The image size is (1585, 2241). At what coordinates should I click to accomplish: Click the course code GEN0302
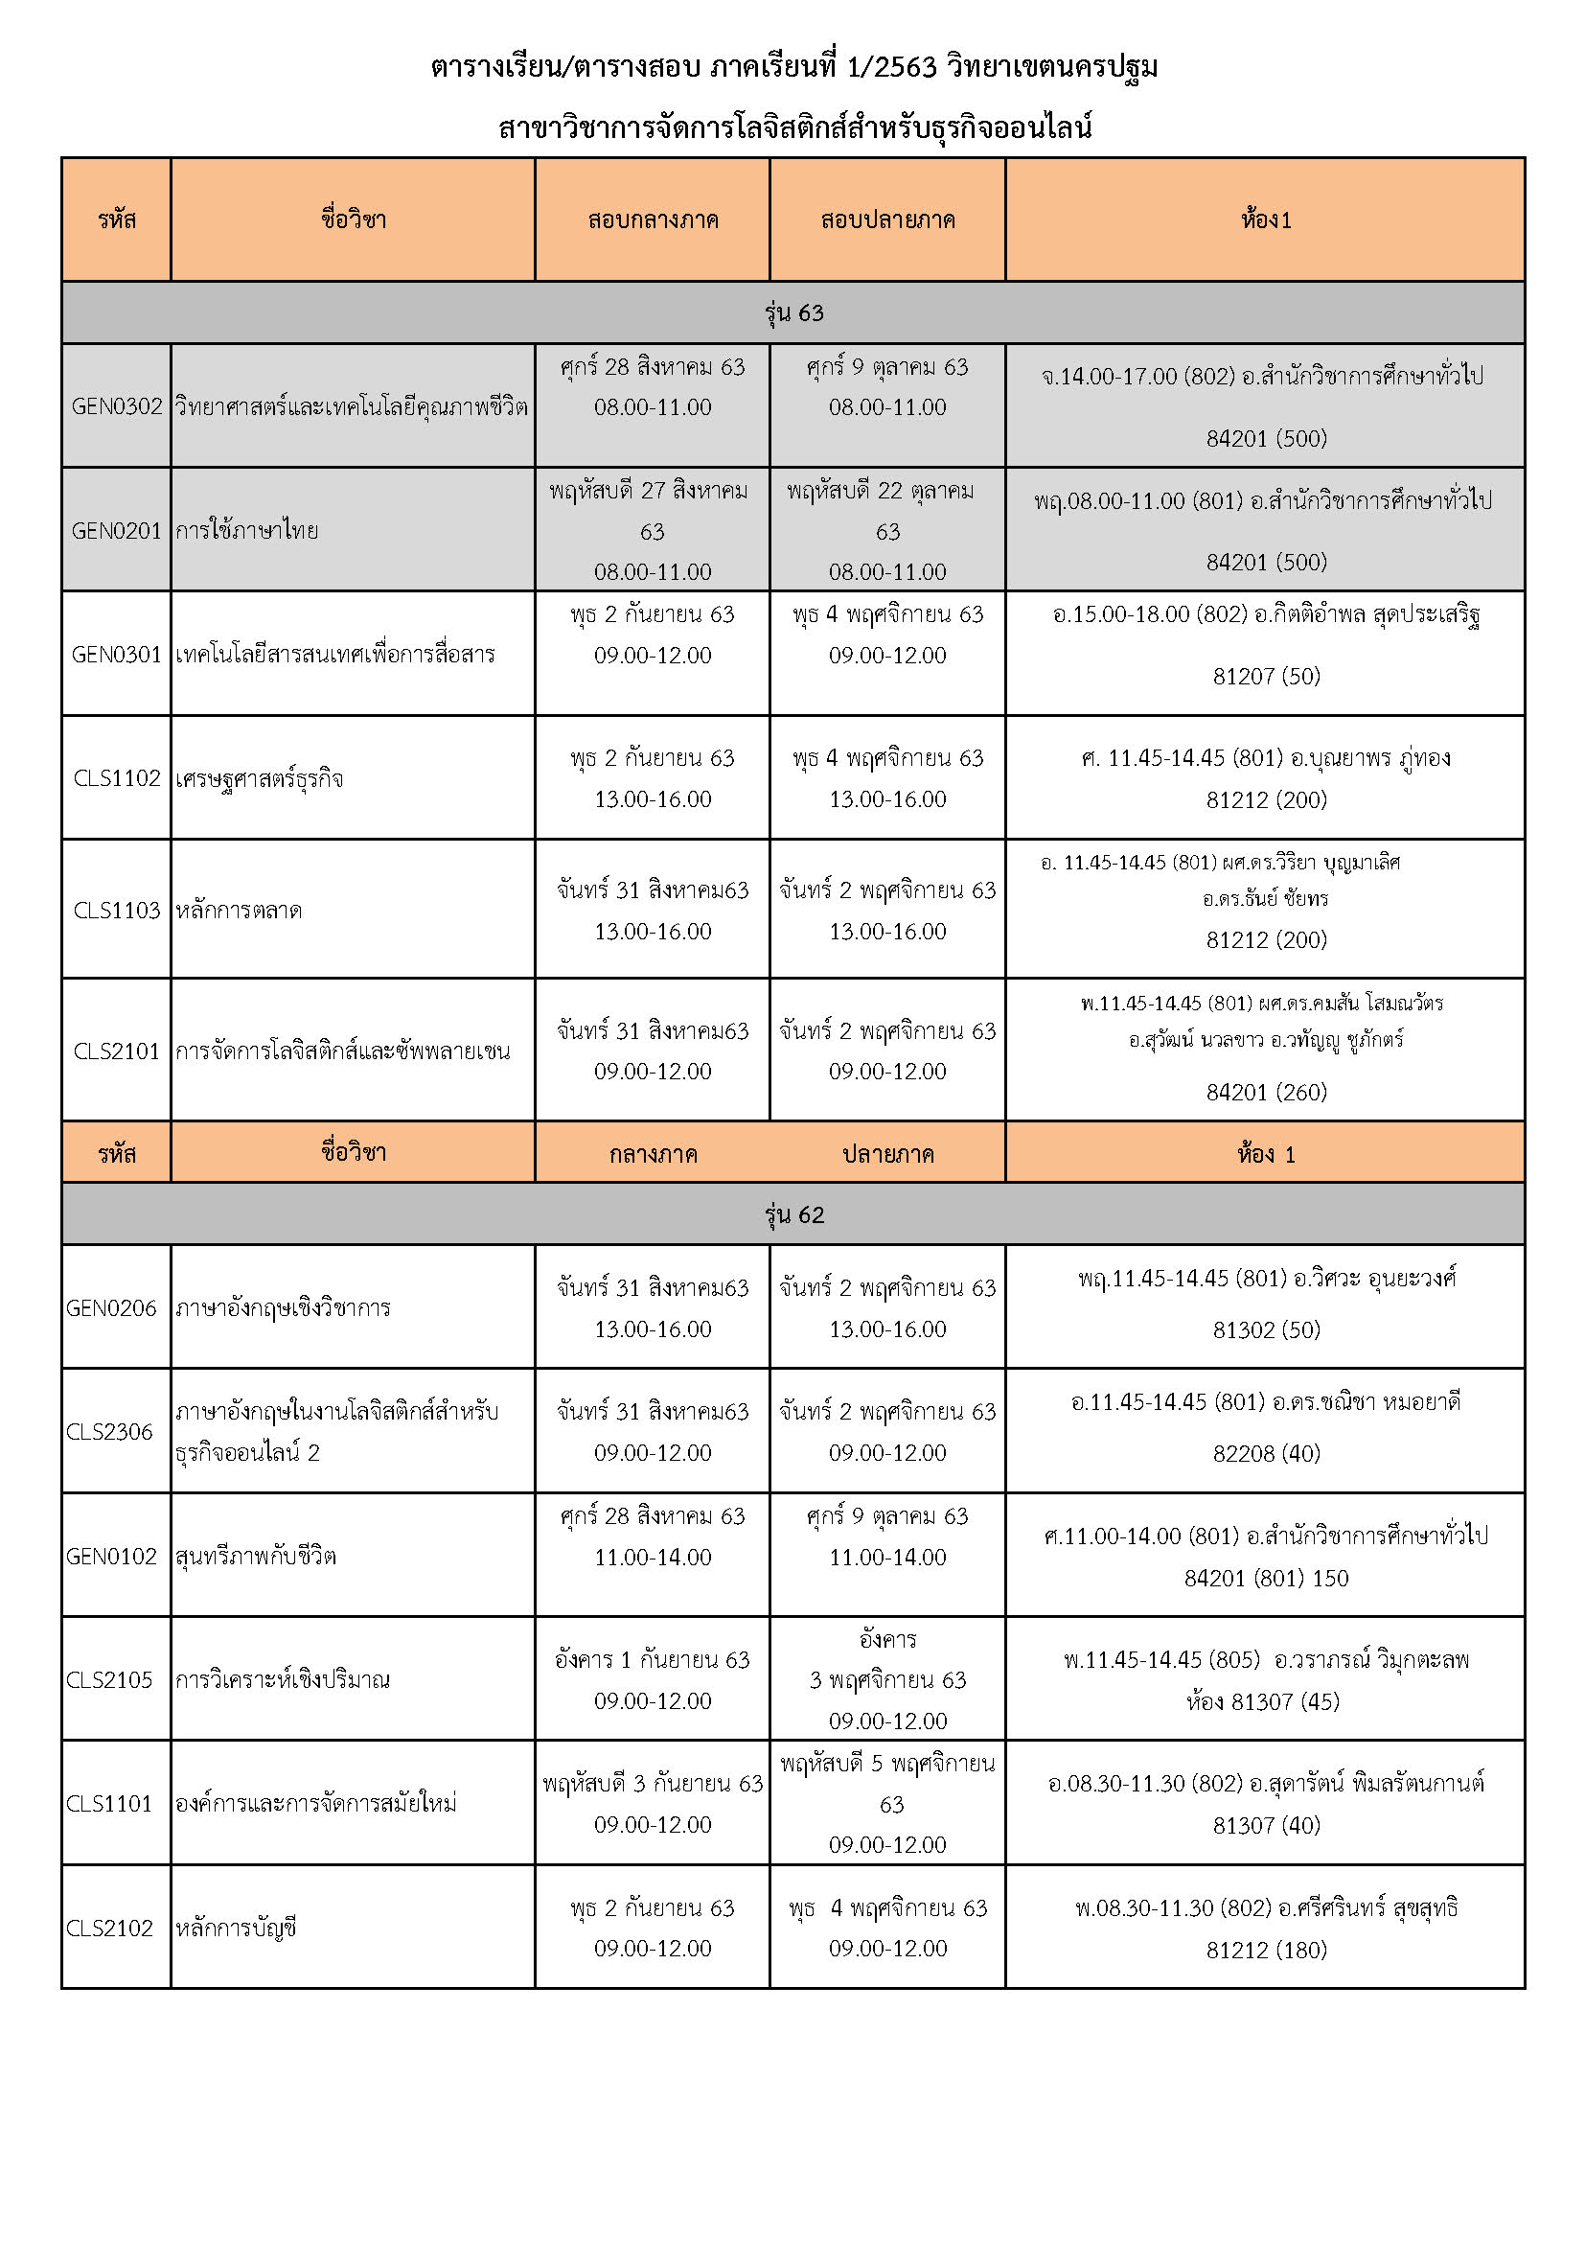pyautogui.click(x=116, y=406)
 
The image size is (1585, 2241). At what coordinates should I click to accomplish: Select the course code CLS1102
pyautogui.click(x=116, y=778)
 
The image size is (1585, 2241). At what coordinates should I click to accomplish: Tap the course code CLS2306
pyautogui.click(x=109, y=1431)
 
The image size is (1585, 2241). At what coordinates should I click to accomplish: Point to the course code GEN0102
pyautogui.click(x=111, y=1556)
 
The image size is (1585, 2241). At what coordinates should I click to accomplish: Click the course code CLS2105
pyautogui.click(x=109, y=1679)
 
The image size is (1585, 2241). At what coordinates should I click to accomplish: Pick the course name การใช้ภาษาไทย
pyautogui.click(x=247, y=530)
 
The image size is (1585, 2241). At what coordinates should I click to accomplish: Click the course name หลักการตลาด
pyautogui.click(x=240, y=910)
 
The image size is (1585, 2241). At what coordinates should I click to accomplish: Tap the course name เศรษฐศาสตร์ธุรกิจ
pyautogui.click(x=260, y=778)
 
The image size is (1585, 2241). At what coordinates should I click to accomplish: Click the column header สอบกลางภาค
pyautogui.click(x=653, y=219)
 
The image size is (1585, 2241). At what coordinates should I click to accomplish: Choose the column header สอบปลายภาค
pyautogui.click(x=887, y=219)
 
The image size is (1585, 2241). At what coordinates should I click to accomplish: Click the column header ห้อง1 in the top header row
pyautogui.click(x=1266, y=219)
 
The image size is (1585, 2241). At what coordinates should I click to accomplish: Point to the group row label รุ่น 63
pyautogui.click(x=793, y=312)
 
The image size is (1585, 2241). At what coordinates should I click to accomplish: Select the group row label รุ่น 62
pyautogui.click(x=793, y=1214)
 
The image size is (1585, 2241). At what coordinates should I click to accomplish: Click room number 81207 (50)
pyautogui.click(x=1266, y=676)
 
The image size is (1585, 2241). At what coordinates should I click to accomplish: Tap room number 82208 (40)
pyautogui.click(x=1266, y=1453)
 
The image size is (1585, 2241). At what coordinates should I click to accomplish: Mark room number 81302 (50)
pyautogui.click(x=1266, y=1329)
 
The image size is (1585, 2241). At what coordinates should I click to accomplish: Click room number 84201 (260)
pyautogui.click(x=1266, y=1091)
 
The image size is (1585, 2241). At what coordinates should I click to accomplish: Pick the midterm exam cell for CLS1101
pyautogui.click(x=653, y=1803)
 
